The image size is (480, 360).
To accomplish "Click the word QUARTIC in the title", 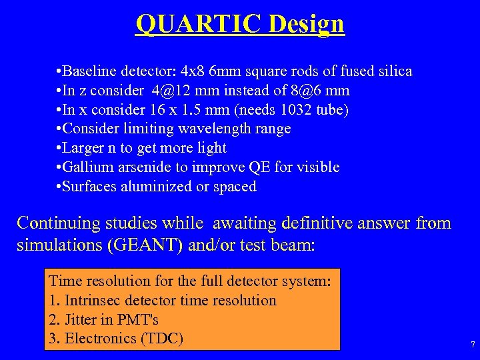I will [x=199, y=23].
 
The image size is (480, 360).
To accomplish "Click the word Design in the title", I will [x=307, y=25].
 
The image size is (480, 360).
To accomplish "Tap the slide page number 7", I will [x=473, y=345].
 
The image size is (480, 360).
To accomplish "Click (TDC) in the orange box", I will [x=162, y=339].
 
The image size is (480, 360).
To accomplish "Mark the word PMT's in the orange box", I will [x=139, y=320].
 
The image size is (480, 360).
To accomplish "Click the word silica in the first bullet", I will [x=393, y=71].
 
